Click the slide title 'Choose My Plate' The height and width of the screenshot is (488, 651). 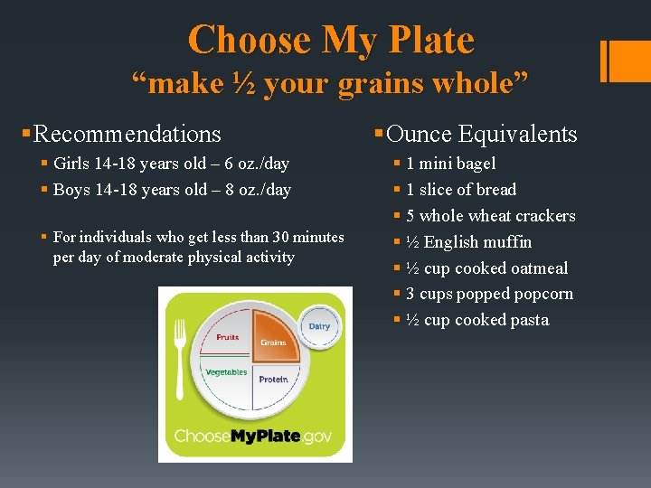330,40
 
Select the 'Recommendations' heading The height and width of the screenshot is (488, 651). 127,135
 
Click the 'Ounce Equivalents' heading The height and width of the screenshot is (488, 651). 481,135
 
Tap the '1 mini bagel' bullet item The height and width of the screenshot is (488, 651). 450,164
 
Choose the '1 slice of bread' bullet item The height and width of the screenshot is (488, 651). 461,190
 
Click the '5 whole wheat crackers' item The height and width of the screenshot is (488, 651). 490,216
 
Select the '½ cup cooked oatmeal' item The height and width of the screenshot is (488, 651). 486,268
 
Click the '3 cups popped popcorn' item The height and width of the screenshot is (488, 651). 489,294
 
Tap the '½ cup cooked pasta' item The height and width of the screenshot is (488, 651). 476,320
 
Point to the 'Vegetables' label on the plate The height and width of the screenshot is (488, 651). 226,372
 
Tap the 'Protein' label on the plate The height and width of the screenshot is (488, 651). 273,380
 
